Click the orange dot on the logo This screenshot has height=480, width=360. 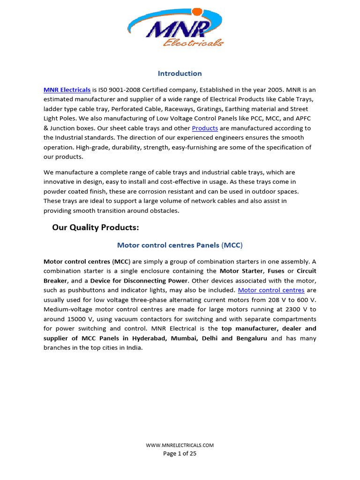click(197, 11)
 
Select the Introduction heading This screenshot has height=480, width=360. click(180, 74)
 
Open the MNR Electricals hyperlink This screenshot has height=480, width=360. click(67, 89)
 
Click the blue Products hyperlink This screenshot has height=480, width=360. click(205, 128)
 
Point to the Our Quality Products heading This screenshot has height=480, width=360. click(96, 228)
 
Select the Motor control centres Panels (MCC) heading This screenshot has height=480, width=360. click(180, 245)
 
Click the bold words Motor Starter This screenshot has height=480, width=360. click(241, 271)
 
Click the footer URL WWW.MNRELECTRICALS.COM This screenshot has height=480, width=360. click(180, 445)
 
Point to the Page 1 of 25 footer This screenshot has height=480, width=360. click(180, 453)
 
